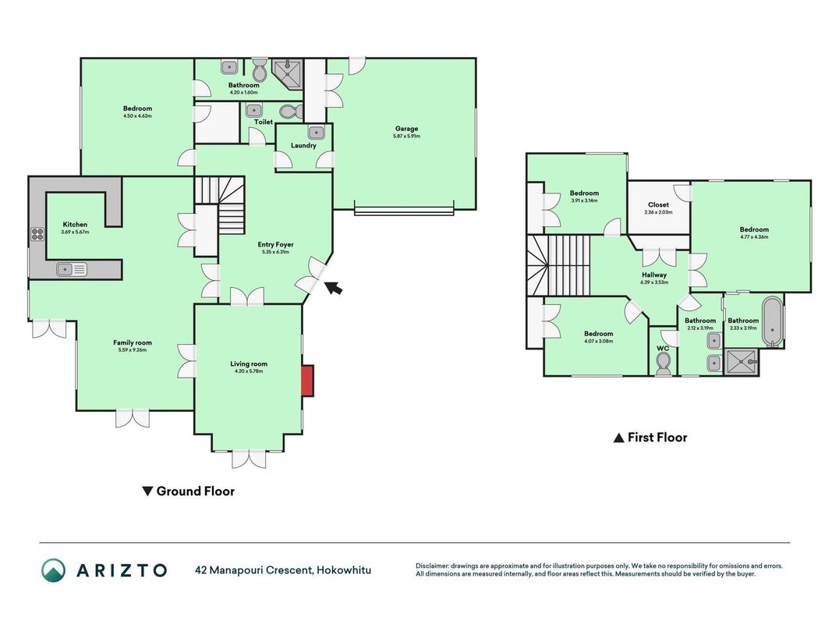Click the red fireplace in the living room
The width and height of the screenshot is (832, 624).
[308, 381]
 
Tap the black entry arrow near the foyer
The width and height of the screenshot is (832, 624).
[333, 288]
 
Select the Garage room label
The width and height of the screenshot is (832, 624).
[406, 129]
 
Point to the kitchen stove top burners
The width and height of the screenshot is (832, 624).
[37, 234]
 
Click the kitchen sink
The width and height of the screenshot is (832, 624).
[72, 270]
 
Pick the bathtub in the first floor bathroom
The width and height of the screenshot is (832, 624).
[772, 322]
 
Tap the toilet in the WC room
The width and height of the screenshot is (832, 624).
[664, 364]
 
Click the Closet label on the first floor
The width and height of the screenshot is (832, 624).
[658, 204]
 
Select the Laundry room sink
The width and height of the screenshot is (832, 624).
[317, 132]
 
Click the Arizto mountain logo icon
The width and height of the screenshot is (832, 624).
[54, 570]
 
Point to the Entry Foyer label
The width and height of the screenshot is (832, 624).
[275, 245]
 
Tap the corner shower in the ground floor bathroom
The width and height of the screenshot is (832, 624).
[286, 73]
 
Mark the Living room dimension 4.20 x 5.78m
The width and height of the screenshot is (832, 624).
[249, 371]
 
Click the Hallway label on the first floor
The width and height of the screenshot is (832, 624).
[654, 275]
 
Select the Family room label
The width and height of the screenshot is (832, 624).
[132, 342]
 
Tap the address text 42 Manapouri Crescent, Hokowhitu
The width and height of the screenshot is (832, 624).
[283, 570]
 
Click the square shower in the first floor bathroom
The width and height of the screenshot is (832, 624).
[742, 363]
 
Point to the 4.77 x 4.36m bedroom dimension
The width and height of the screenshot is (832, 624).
[754, 237]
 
